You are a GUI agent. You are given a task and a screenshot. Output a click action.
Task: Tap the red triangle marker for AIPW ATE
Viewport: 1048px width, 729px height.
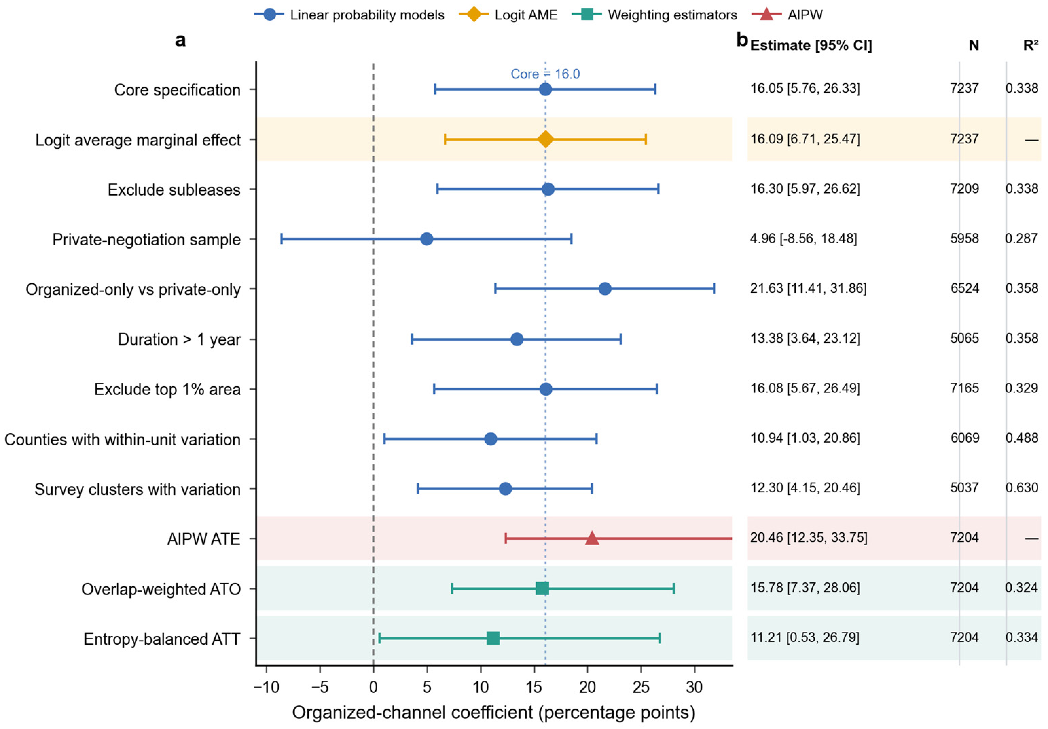pyautogui.click(x=592, y=538)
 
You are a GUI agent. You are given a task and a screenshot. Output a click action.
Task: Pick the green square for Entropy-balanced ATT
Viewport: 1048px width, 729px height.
pyautogui.click(x=493, y=638)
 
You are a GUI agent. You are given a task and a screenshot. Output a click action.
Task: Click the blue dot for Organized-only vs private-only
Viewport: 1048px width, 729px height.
pyautogui.click(x=605, y=288)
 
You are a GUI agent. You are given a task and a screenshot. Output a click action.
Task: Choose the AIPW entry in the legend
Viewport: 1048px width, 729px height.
pyautogui.click(x=788, y=15)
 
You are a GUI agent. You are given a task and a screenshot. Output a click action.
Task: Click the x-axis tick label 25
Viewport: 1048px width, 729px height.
pyautogui.click(x=641, y=687)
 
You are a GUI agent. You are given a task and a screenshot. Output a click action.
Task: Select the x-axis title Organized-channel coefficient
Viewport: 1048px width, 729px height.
pyautogui.click(x=493, y=712)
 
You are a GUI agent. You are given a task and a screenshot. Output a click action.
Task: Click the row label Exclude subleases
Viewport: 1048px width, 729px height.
pyautogui.click(x=174, y=190)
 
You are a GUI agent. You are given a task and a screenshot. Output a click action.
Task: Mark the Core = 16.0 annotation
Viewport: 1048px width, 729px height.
pyautogui.click(x=545, y=74)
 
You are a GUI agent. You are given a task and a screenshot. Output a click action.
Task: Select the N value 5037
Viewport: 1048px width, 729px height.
pyautogui.click(x=964, y=487)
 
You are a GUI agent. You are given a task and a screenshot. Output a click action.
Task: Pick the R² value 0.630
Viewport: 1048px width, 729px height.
pyautogui.click(x=1022, y=487)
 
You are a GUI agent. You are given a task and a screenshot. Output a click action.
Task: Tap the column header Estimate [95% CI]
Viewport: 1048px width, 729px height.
pyautogui.click(x=811, y=46)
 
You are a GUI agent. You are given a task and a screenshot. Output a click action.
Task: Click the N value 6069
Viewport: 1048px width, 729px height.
pyautogui.click(x=964, y=438)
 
